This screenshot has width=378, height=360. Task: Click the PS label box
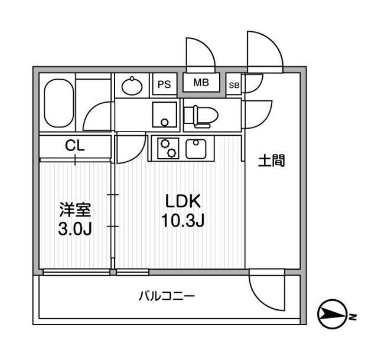pyautogui.click(x=164, y=84)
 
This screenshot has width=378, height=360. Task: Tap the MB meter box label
pyautogui.click(x=201, y=83)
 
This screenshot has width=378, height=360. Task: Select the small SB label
pyautogui.click(x=234, y=85)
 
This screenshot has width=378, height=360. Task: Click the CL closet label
pyautogui.click(x=75, y=145)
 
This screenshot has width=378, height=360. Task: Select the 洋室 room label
pyautogui.click(x=75, y=209)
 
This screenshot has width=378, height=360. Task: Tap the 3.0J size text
pyautogui.click(x=75, y=229)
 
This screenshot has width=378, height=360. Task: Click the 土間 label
pyautogui.click(x=272, y=160)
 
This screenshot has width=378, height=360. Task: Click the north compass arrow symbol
pyautogui.click(x=333, y=315)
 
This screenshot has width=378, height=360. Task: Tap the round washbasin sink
pyautogui.click(x=132, y=87)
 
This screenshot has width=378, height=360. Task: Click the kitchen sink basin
pyautogui.click(x=196, y=148)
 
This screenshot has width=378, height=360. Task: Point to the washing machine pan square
pyautogui.click(x=164, y=114)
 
